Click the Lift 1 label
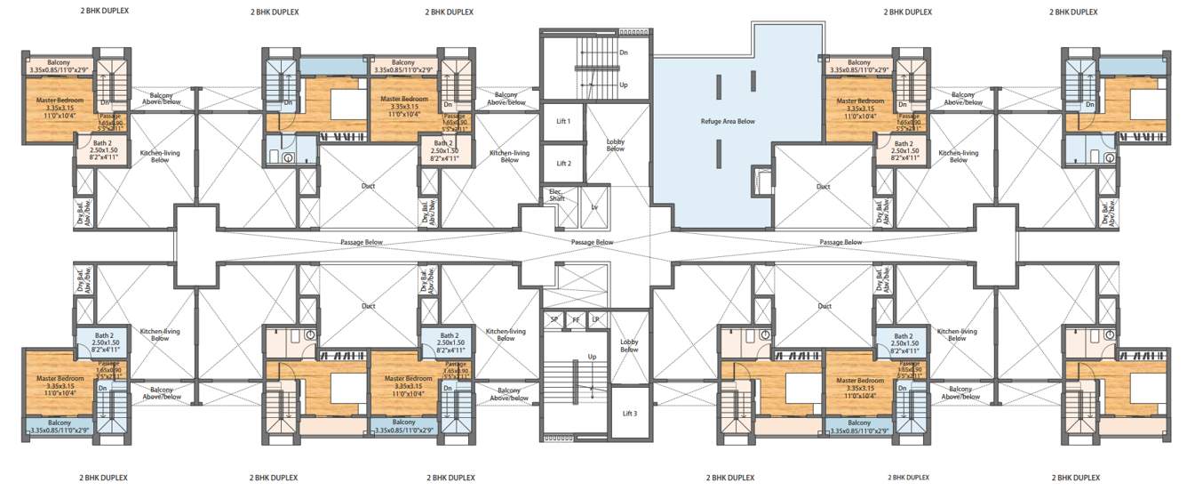point(562,121)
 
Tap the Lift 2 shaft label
point(562,164)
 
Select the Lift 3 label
point(629,414)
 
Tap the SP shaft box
point(554,319)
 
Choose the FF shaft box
point(575,319)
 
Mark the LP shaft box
point(594,319)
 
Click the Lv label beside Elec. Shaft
point(594,206)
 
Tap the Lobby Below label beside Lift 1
point(615,145)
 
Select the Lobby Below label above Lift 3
point(629,345)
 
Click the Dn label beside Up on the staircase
point(624,53)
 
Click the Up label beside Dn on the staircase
point(624,85)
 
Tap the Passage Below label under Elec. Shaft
point(593,242)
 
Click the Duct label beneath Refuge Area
point(823,187)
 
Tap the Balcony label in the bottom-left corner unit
point(60,423)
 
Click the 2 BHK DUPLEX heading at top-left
point(103,12)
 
